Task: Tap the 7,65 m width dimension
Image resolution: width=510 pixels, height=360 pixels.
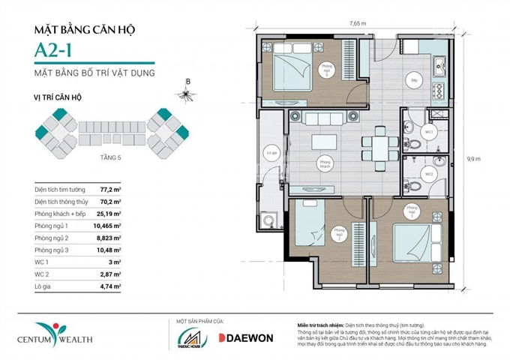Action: coord(358,23)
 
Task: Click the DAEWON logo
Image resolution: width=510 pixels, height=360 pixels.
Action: coord(246,337)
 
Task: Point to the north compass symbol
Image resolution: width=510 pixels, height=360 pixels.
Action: coord(184,94)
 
